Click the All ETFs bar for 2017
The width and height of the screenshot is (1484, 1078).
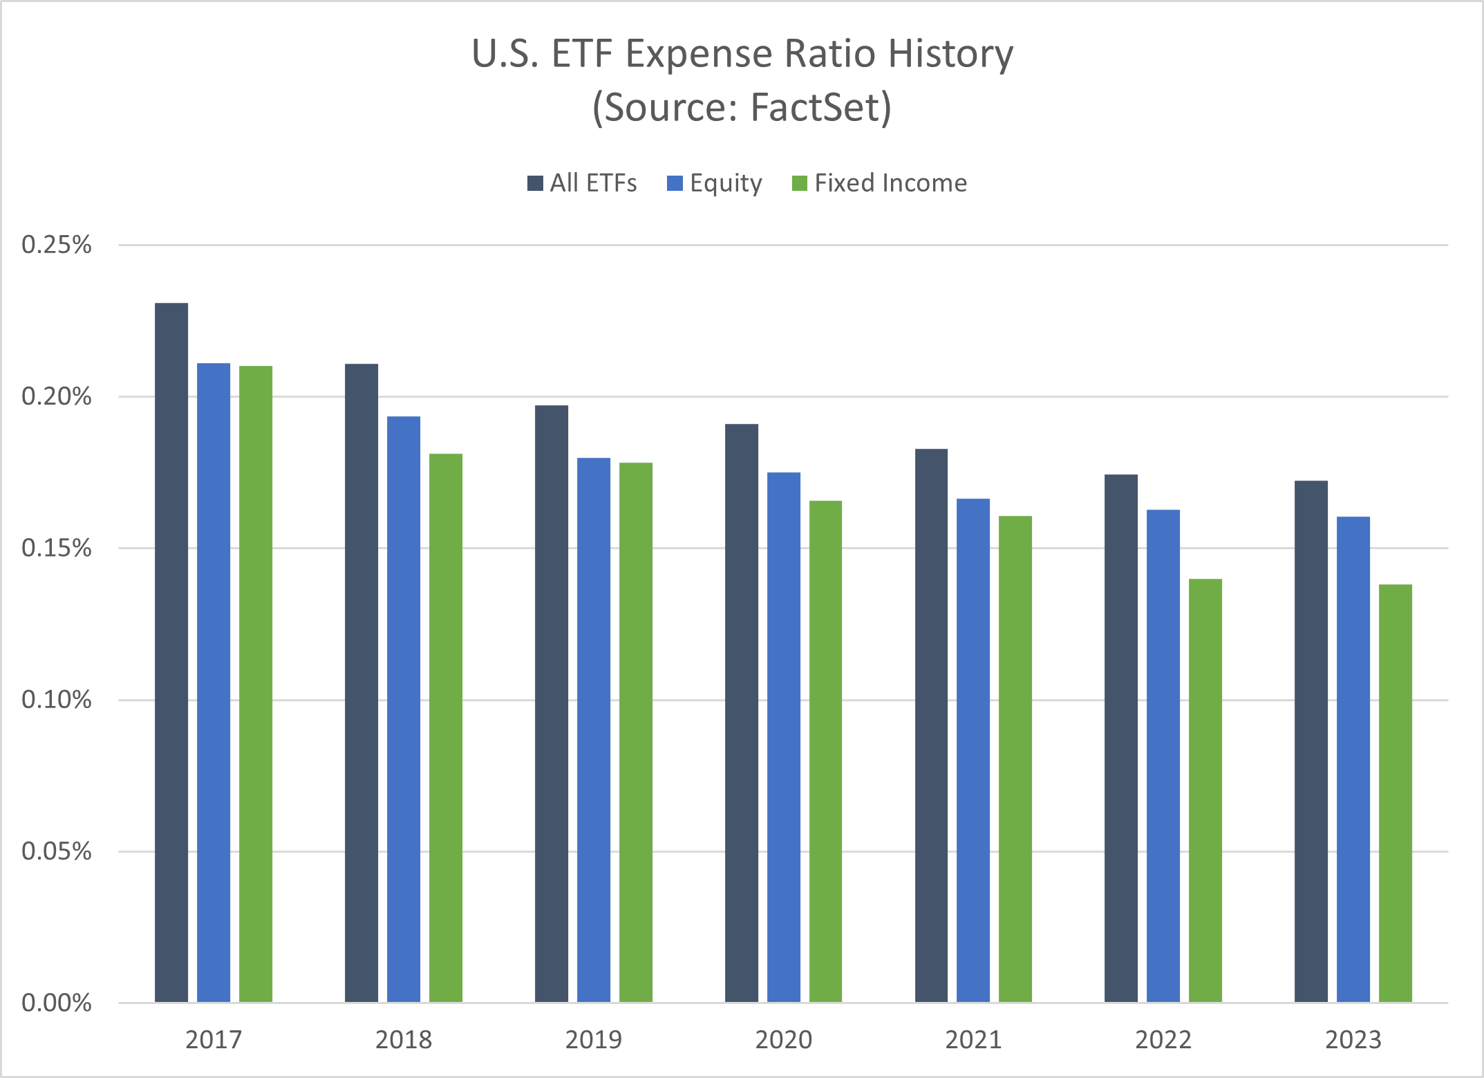tap(171, 653)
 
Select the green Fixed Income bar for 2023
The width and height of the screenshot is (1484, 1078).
tap(1395, 793)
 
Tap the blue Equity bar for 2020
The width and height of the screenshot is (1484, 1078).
tap(783, 737)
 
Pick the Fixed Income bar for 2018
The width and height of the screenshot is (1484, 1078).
tap(446, 728)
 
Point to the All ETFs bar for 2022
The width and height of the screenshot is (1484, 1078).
tap(1120, 738)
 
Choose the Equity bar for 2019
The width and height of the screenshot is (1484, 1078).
tap(594, 729)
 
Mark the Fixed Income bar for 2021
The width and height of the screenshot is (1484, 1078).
tap(1015, 759)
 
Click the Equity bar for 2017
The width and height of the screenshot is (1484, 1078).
tap(214, 682)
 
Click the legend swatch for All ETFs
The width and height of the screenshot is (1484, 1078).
tap(535, 183)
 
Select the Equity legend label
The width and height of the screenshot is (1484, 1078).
tap(726, 183)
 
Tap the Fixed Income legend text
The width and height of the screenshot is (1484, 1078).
tap(890, 183)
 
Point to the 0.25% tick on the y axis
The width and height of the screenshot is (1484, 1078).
tap(57, 245)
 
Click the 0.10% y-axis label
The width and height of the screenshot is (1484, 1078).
tap(57, 700)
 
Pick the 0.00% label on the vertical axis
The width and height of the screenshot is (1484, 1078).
tap(57, 1003)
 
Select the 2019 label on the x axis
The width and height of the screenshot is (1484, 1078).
tap(594, 1040)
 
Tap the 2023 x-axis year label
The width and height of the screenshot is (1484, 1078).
tap(1353, 1040)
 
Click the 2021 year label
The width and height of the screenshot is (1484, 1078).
tap(973, 1040)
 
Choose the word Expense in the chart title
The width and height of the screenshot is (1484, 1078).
tap(698, 54)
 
